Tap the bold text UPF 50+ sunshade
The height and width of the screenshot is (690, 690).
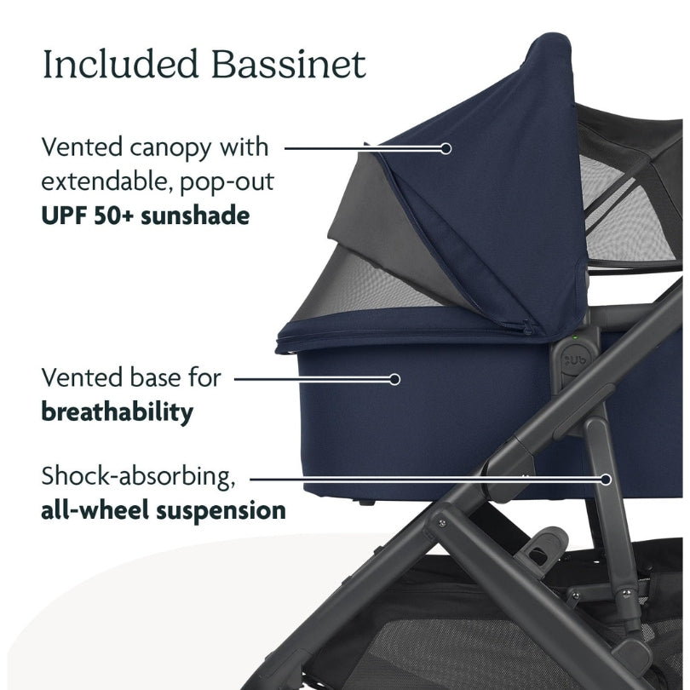[145, 215]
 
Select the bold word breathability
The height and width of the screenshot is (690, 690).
[117, 412]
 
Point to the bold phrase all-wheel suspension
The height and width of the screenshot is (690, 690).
[163, 510]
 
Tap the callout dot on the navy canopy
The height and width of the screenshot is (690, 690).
[445, 147]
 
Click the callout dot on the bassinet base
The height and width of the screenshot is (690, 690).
[394, 377]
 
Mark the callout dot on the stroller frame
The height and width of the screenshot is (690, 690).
[606, 479]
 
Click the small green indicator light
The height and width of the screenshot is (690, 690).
[576, 340]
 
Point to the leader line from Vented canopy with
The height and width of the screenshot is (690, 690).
[362, 147]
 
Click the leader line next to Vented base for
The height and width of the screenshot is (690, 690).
[311, 377]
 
